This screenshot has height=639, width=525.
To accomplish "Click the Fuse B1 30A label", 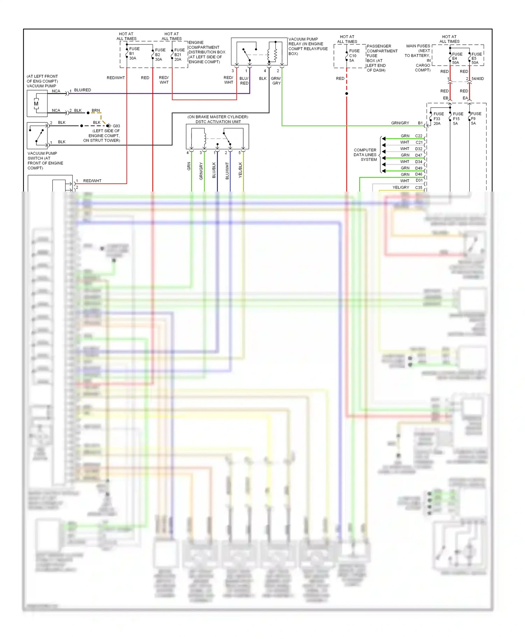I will [x=134, y=53].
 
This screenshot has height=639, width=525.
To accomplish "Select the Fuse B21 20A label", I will [x=179, y=55].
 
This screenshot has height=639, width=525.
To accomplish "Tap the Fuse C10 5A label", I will [x=354, y=56].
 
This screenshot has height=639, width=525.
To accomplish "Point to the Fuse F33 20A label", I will [x=438, y=119].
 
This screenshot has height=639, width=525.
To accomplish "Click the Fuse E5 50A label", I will [x=476, y=58].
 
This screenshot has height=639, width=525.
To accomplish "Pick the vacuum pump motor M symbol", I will [x=36, y=104].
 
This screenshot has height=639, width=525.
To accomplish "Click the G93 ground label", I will [x=116, y=126].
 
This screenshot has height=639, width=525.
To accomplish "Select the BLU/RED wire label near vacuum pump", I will [x=83, y=90].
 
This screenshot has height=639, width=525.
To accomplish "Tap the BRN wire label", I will [x=96, y=110].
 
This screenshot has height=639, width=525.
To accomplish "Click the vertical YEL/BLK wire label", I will [x=240, y=170].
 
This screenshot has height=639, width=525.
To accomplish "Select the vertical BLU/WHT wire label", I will [x=227, y=171].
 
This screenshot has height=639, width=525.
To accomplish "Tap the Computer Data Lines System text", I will [x=365, y=155].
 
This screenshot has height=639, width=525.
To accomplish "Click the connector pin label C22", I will [x=419, y=136].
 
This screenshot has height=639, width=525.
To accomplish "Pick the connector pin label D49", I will [x=419, y=168].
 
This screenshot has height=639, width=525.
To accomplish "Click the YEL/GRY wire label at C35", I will [x=401, y=187].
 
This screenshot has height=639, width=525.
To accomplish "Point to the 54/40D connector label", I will [x=477, y=79].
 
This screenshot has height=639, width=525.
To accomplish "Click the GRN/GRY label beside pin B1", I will [x=400, y=123].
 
